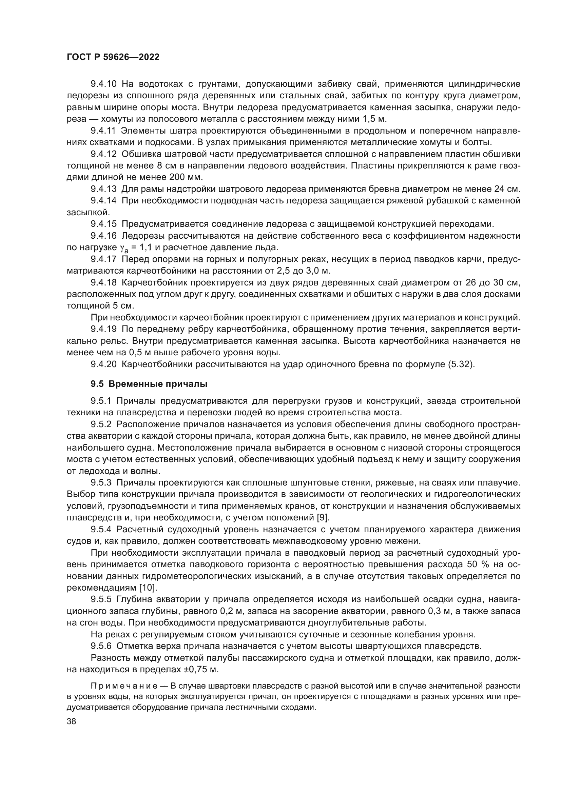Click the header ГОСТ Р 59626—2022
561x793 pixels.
tap(113, 57)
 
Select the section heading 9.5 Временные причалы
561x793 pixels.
tap(149, 384)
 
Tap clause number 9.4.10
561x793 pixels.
tap(104, 84)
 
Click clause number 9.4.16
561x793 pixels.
tap(104, 236)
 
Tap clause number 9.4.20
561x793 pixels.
tap(104, 364)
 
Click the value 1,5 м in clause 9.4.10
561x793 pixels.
tap(374, 119)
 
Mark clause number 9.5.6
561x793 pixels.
tap(101, 646)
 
